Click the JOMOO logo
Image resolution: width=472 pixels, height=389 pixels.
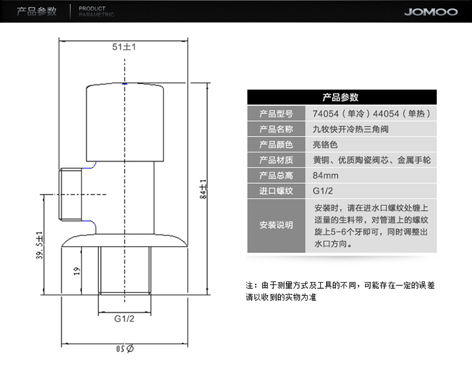pyautogui.click(x=430, y=12)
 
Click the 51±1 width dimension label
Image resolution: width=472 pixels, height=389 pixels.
pyautogui.click(x=124, y=47)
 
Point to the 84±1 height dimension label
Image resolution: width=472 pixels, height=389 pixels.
pyautogui.click(x=203, y=189)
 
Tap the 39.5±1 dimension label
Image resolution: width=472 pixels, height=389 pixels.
pyautogui.click(x=40, y=245)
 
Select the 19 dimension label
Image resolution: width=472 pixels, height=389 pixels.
pyautogui.click(x=77, y=271)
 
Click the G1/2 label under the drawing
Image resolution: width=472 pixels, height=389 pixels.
pyautogui.click(x=125, y=319)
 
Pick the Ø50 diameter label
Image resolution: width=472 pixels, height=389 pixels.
pyautogui.click(x=125, y=349)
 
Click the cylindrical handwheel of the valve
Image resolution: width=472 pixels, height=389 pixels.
pyautogui.click(x=125, y=122)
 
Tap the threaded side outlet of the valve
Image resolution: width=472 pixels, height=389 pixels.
pyautogui.click(x=70, y=194)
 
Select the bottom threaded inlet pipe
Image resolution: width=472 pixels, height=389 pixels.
pyautogui.click(x=125, y=270)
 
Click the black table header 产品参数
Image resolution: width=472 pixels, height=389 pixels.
pyautogui.click(x=342, y=97)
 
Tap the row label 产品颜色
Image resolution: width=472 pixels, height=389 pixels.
pyautogui.click(x=276, y=145)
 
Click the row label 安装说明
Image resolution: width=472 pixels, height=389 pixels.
pyautogui.click(x=276, y=225)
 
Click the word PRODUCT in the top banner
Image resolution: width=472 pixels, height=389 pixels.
pyautogui.click(x=92, y=9)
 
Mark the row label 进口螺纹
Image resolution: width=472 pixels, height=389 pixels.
pyautogui.click(x=276, y=191)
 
